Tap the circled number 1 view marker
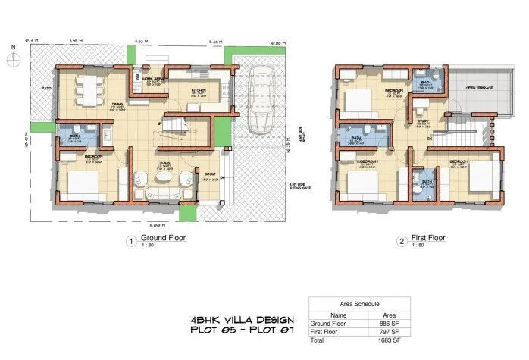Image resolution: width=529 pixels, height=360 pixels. [x=130, y=241]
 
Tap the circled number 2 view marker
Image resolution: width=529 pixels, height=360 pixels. [x=401, y=241]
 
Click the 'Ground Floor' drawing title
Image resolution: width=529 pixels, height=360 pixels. [x=163, y=238]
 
